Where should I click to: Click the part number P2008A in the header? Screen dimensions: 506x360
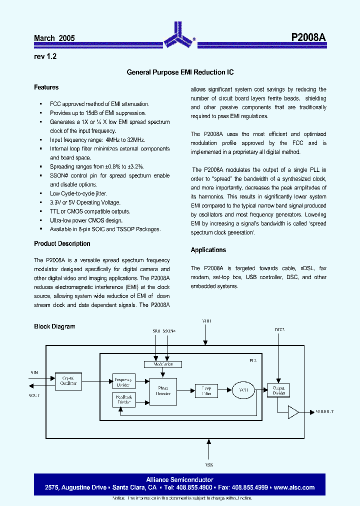point(308,38)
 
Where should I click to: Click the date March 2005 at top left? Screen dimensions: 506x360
point(54,38)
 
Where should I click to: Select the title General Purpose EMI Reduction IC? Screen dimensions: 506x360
point(180,72)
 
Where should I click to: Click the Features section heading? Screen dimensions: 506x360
point(46,87)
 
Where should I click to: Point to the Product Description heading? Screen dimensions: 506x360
point(62,244)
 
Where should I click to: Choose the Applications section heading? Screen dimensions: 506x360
point(208,250)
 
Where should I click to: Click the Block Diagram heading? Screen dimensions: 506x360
point(54,326)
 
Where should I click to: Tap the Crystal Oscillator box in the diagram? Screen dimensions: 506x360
point(68,381)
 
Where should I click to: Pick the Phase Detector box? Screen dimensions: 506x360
point(163,391)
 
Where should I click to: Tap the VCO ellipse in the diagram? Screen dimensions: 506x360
point(243,389)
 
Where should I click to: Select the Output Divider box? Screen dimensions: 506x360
point(278,390)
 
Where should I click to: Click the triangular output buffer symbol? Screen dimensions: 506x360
point(293,412)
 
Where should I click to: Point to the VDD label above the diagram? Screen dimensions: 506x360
point(206,320)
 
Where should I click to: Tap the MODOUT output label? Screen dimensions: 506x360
point(324,412)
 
